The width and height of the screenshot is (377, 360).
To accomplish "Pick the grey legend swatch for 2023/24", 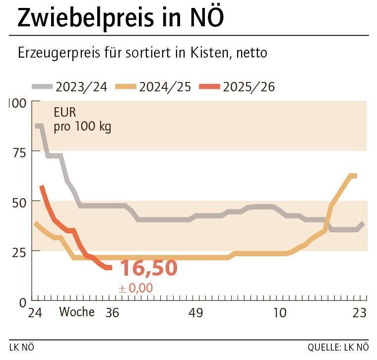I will point(42,86).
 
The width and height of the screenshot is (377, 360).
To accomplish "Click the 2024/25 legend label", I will point(165,87).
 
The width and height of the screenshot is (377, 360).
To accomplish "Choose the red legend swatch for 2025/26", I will point(209,86).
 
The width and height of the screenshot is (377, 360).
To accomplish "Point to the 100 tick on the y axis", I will point(17,103).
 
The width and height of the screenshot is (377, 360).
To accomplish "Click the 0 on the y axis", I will point(22,301).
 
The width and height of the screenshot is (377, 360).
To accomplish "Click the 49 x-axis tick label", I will point(196,313).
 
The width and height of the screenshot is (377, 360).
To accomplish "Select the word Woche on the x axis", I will point(77,312).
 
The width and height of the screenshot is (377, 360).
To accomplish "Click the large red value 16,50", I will point(148,268).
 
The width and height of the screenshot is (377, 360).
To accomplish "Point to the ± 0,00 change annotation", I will point(135,288).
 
